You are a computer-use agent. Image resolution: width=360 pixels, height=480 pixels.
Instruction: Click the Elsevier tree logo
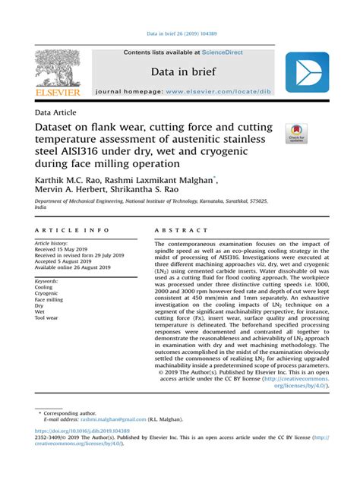pos(56,69)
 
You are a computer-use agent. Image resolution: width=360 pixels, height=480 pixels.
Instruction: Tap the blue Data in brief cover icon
pos(307,73)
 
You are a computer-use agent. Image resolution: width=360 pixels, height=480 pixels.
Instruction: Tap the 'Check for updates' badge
pos(296,134)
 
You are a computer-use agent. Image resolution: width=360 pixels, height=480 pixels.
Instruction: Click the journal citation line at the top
pos(180,33)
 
